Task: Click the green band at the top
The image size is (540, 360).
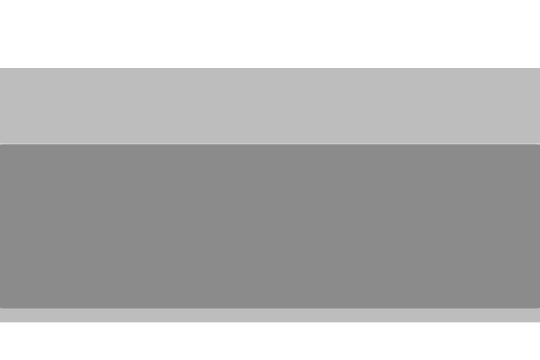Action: click(x=270, y=32)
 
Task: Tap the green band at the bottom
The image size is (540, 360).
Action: click(x=270, y=342)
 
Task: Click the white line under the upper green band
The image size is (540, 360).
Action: click(x=270, y=67)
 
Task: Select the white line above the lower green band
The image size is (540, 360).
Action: click(x=270, y=323)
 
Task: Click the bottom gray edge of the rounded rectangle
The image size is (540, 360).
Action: click(x=270, y=309)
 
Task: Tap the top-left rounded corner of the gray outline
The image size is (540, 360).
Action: click(x=1, y=145)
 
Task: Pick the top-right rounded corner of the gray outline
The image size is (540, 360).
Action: click(x=538, y=145)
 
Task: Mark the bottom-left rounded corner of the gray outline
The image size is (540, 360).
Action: click(x=1, y=307)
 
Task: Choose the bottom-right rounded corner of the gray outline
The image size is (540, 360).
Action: click(x=538, y=307)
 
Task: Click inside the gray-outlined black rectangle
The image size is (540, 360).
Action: click(x=270, y=226)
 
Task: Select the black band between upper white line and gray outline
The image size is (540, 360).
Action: click(x=270, y=105)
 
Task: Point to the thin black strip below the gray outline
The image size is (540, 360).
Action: click(x=270, y=316)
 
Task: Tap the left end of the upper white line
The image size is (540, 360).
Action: click(x=1, y=67)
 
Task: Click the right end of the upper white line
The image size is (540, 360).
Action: click(x=538, y=67)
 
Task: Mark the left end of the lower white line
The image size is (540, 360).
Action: click(x=1, y=323)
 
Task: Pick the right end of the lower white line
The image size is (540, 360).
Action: click(x=538, y=323)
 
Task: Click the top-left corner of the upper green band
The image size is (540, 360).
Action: click(x=1, y=1)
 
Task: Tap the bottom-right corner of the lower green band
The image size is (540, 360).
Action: click(x=538, y=358)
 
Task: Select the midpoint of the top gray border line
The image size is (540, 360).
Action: click(x=270, y=143)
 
